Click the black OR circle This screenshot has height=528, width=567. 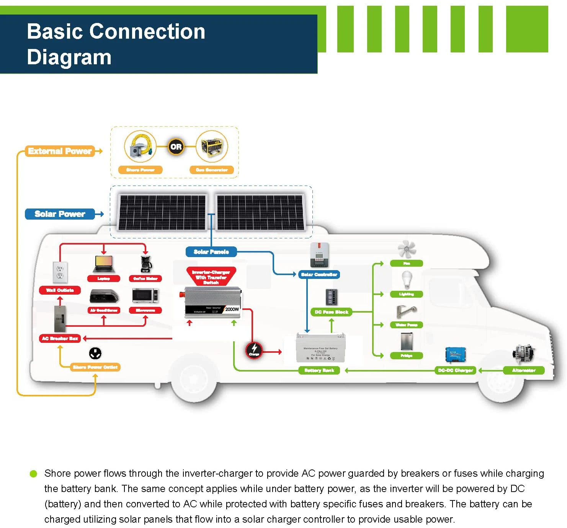coord(176,147)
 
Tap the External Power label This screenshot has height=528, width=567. coord(60,151)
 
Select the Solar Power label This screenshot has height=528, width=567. coord(60,214)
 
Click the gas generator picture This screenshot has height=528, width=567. coord(212,147)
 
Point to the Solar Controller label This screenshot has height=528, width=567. coord(319,274)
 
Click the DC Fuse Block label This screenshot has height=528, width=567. coord(332,312)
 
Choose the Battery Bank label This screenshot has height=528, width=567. coord(319,370)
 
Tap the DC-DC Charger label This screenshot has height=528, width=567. coord(456,370)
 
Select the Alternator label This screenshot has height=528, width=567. coord(524,370)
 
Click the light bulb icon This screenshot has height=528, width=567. coord(407,280)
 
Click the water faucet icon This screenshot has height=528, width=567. coord(406,311)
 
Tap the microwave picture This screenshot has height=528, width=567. coord(145,296)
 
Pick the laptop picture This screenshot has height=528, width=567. coord(104,264)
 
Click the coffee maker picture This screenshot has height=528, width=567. coord(146,264)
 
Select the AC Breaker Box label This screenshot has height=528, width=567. coord(60,339)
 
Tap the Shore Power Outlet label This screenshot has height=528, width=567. coord(95,367)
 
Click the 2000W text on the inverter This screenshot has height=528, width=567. coord(232,309)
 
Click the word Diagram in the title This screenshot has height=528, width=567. coord(69,57)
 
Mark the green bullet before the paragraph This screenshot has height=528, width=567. coord(33,474)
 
